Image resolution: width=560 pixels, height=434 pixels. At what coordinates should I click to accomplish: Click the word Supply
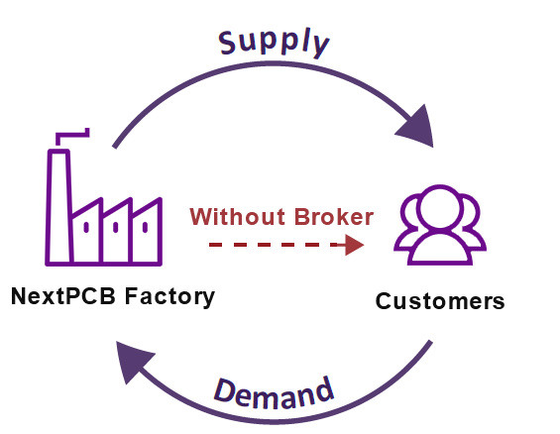[274, 43]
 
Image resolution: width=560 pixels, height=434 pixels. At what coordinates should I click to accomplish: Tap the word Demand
[274, 392]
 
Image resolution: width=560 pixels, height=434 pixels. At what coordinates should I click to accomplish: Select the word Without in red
[238, 216]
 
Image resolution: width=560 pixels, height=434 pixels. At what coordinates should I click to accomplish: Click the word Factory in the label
[169, 297]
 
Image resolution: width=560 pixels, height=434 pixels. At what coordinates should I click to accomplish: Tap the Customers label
[440, 301]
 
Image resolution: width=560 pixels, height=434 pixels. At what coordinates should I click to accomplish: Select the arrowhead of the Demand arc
[132, 360]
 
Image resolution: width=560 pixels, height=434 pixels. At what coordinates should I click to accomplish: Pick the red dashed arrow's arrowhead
[354, 245]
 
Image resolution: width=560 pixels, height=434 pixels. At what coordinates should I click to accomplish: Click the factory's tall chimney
[58, 207]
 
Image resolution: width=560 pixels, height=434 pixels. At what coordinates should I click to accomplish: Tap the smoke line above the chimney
[72, 135]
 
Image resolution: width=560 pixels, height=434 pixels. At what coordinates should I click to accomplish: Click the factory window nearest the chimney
[86, 227]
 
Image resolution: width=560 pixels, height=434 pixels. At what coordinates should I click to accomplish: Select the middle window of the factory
[115, 227]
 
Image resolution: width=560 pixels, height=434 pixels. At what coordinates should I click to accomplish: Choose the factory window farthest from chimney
[145, 227]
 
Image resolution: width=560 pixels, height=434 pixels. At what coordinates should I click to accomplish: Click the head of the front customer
[440, 207]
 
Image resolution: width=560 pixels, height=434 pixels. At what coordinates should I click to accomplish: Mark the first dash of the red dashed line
[216, 245]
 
